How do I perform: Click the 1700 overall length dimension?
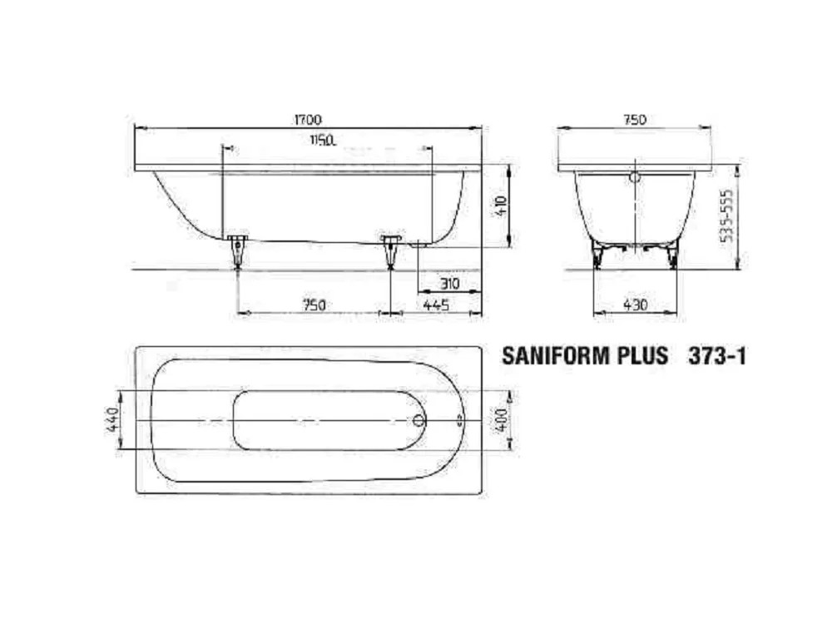[308, 120]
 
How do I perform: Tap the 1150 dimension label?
[323, 141]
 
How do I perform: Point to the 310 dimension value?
[449, 284]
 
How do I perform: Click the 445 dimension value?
[437, 305]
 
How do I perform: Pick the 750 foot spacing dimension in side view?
[314, 305]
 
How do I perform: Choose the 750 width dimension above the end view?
[634, 120]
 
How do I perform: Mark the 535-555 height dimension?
[729, 215]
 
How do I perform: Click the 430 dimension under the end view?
[635, 305]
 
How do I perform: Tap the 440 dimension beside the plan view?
[113, 419]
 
